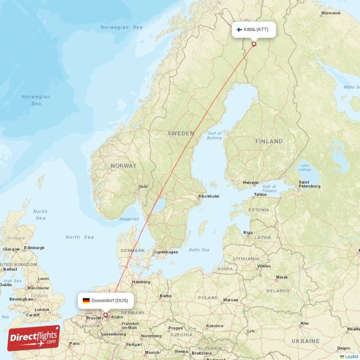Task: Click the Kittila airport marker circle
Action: [x=254, y=44]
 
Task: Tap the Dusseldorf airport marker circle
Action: [x=106, y=315]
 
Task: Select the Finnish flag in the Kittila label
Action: [x=239, y=30]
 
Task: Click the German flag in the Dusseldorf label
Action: [x=86, y=301]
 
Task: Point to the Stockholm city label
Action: [x=209, y=196]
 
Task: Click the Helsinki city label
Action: [x=251, y=183]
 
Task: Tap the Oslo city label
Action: [x=143, y=186]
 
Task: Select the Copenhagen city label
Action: [x=166, y=252]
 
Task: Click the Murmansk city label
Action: [x=331, y=13]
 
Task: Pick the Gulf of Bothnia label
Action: [x=214, y=135]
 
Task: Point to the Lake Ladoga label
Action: [x=305, y=167]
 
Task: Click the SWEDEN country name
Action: [x=181, y=133]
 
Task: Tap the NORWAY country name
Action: [x=123, y=166]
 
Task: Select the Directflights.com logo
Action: [x=34, y=338]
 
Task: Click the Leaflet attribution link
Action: [x=351, y=356]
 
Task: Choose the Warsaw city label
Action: [x=230, y=300]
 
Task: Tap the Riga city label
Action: [x=248, y=233]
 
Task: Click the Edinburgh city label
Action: [x=35, y=247]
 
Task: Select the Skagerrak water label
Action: [x=129, y=218]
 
